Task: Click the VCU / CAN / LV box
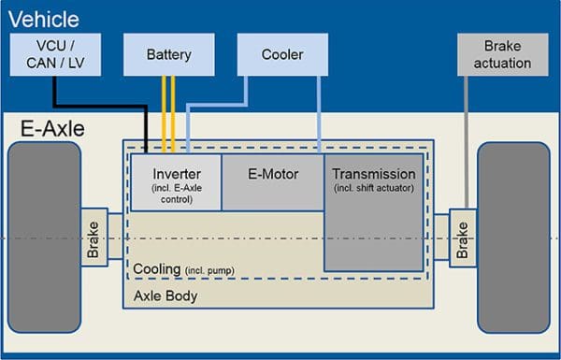click(x=54, y=55)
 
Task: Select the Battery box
click(x=168, y=55)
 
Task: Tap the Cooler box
click(x=282, y=55)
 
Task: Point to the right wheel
click(x=513, y=238)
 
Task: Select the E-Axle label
click(x=52, y=129)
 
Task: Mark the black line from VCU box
click(x=103, y=104)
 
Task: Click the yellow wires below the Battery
click(x=168, y=112)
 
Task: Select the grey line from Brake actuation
click(x=465, y=140)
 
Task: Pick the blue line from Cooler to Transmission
click(x=320, y=112)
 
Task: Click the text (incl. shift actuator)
click(x=373, y=188)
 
